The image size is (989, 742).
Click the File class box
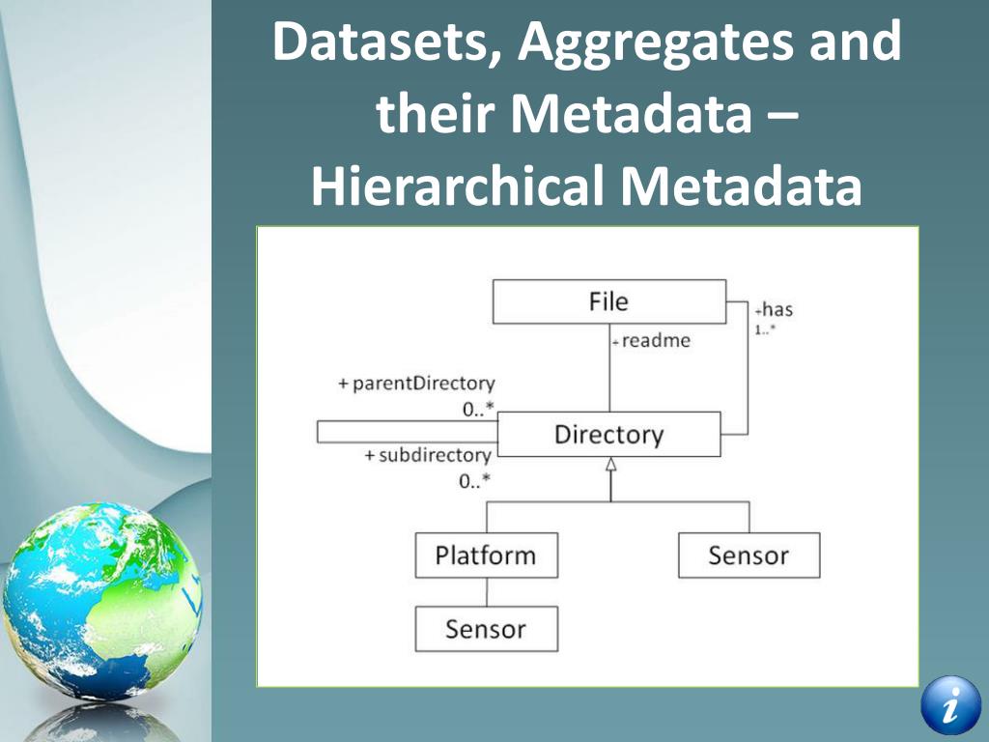[x=608, y=301]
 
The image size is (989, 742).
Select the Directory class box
[x=608, y=434]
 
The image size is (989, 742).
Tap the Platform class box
[x=486, y=556]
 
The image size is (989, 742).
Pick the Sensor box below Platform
[x=486, y=629]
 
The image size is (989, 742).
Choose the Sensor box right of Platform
[x=749, y=556]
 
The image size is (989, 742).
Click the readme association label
[x=655, y=341]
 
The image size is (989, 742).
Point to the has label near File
[x=776, y=310]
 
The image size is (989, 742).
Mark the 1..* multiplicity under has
[x=766, y=328]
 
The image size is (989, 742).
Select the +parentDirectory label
[x=416, y=384]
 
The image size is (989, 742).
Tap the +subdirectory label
[x=428, y=455]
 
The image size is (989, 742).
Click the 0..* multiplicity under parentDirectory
[x=476, y=409]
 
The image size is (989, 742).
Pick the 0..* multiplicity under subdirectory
[x=474, y=480]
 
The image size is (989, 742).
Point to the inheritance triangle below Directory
[x=609, y=465]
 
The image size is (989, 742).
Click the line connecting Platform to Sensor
[x=486, y=592]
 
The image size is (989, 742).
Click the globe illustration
[x=101, y=599]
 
